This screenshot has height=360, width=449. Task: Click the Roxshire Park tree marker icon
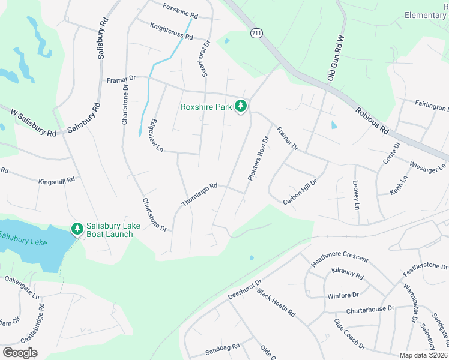pos(241,106)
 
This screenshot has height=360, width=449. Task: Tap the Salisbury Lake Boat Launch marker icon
pos(77,229)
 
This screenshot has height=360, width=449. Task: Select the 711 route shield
pos(256,34)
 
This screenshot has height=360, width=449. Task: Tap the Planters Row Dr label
pos(256,159)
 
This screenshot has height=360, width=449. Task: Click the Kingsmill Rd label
pos(56,179)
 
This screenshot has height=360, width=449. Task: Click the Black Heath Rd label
pos(276,303)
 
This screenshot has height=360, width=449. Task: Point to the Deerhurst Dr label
pos(245,290)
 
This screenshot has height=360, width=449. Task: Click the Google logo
pos(20,353)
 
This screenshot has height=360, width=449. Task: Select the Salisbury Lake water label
pos(23,241)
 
